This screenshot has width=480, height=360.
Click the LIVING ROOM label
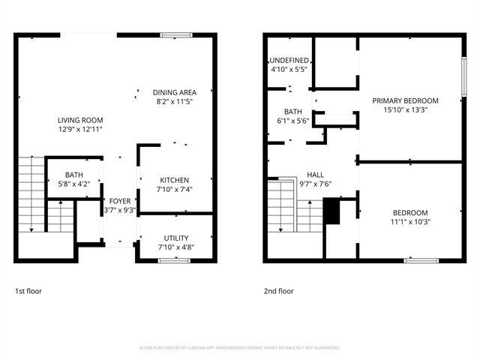tap(80, 120)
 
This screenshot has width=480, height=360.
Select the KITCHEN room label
tap(174, 180)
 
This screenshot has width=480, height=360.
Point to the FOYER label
tap(120, 201)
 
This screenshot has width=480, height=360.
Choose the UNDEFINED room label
tap(289, 60)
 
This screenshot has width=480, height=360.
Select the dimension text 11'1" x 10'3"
tap(410, 221)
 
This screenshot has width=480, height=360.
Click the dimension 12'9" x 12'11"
tap(80, 129)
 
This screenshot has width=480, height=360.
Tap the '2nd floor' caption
tap(278, 291)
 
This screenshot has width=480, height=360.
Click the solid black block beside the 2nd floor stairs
tap(331, 211)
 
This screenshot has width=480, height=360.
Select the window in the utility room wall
tap(174, 260)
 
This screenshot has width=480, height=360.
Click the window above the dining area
tap(175, 34)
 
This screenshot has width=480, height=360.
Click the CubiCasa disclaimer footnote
tap(240, 348)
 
